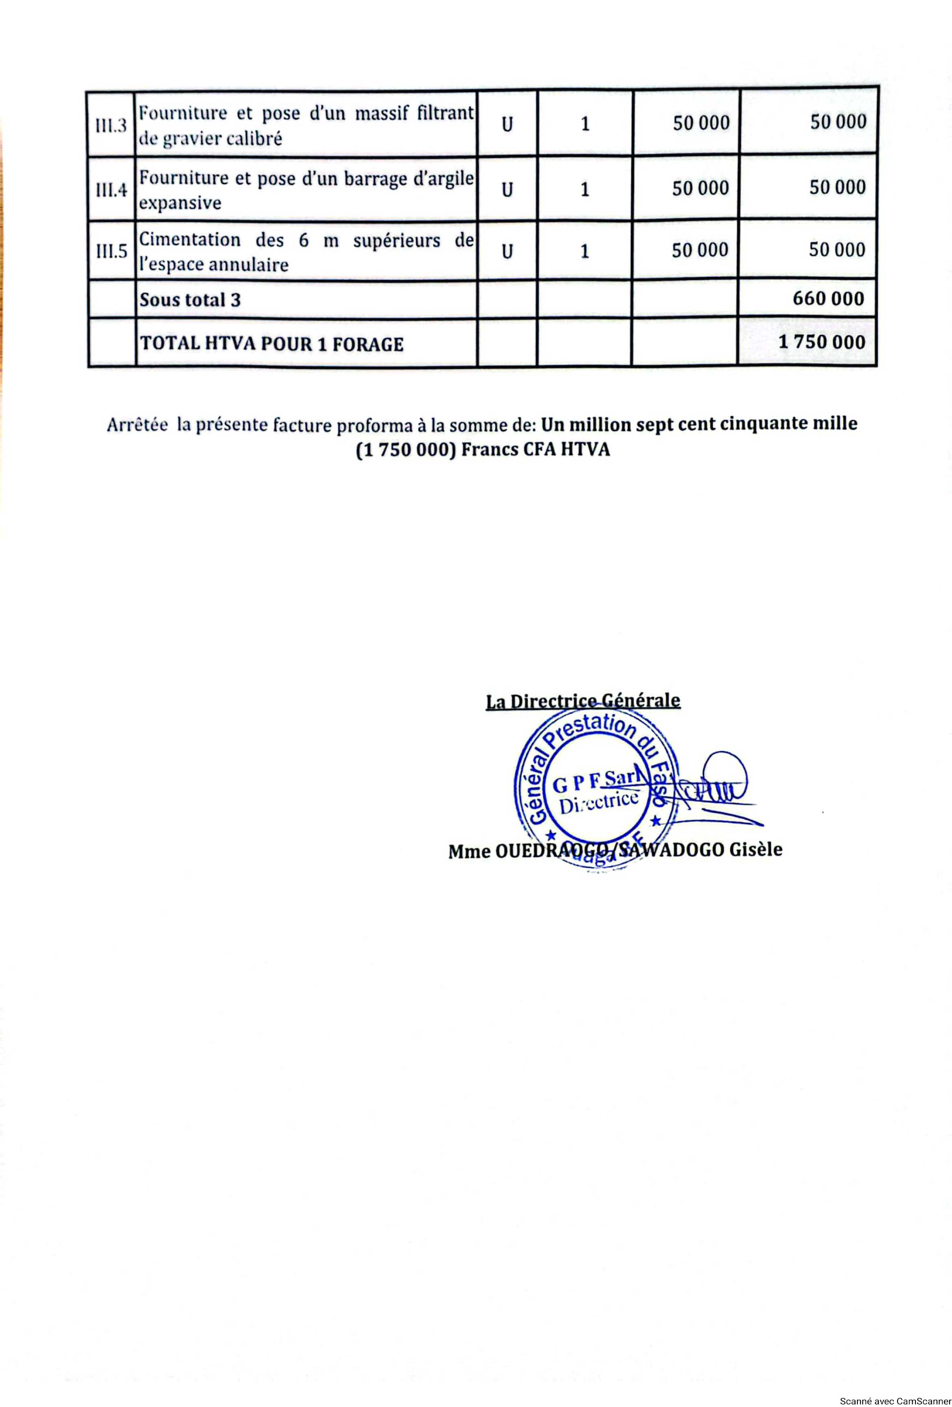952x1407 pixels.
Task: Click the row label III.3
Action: [x=111, y=126]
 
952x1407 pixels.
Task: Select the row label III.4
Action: [x=111, y=190]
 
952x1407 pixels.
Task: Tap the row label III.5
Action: [x=111, y=251]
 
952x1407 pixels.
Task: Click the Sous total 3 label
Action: [x=190, y=299]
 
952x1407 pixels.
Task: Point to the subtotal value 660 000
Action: [x=828, y=298]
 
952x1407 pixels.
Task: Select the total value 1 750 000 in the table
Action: [x=821, y=342]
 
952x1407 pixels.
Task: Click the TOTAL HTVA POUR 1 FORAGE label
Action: [x=271, y=344]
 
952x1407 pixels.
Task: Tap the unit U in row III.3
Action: [x=507, y=124]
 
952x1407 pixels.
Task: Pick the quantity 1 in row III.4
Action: [x=585, y=190]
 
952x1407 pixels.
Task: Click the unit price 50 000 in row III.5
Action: [x=700, y=250]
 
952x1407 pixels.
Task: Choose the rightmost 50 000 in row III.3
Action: [x=838, y=122]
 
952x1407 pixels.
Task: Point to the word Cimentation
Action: [x=190, y=240]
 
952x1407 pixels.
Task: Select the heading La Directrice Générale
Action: [x=583, y=701]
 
